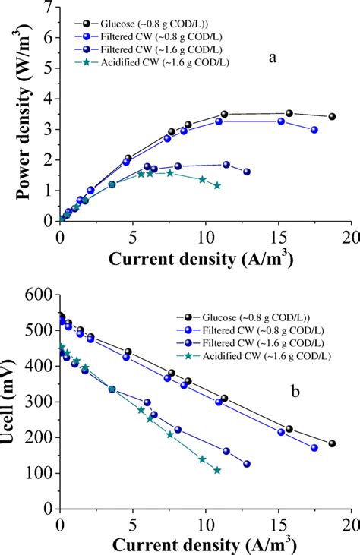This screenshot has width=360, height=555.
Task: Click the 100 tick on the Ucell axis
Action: [x=38, y=473]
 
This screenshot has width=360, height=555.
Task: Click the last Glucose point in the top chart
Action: [x=332, y=117]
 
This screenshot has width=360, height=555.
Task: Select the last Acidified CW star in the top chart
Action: [x=217, y=185]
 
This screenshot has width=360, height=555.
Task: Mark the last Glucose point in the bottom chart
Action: [x=332, y=443]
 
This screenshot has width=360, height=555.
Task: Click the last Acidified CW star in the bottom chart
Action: [x=217, y=471]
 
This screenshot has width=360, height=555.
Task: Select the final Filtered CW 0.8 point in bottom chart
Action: [x=314, y=448]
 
